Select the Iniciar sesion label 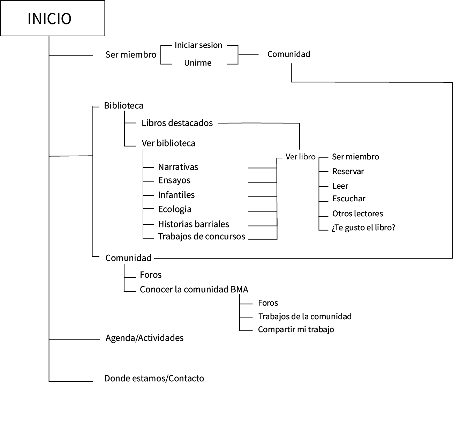[198, 45]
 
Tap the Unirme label [198, 63]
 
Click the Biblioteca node [123, 105]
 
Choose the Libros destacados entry [177, 123]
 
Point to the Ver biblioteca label [168, 143]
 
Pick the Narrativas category [178, 167]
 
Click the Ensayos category [174, 180]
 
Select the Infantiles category [176, 195]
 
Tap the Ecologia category [174, 209]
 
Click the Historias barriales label [193, 224]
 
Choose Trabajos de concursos [201, 236]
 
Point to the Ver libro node [300, 157]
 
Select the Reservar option [348, 171]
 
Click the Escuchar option [348, 199]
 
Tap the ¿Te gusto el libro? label [363, 228]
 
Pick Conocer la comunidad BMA [194, 289]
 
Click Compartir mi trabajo [296, 329]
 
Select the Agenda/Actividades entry [144, 338]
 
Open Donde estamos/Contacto [154, 378]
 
